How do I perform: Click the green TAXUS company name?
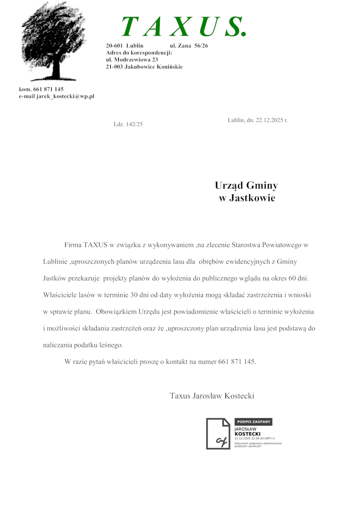pos(184,27)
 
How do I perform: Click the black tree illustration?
pos(54,41)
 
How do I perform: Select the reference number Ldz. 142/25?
pos(128,124)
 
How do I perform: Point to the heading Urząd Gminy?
pos(246,185)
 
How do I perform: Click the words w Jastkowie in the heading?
pos(247,198)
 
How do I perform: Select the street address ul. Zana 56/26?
pos(189,46)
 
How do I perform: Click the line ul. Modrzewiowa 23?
pos(132,59)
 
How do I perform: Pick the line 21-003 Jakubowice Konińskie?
pos(144,67)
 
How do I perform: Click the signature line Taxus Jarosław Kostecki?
pos(212,396)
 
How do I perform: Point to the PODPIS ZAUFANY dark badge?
pos(253,422)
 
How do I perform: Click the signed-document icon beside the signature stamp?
pos(218,434)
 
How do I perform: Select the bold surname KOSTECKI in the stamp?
pos(247,434)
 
